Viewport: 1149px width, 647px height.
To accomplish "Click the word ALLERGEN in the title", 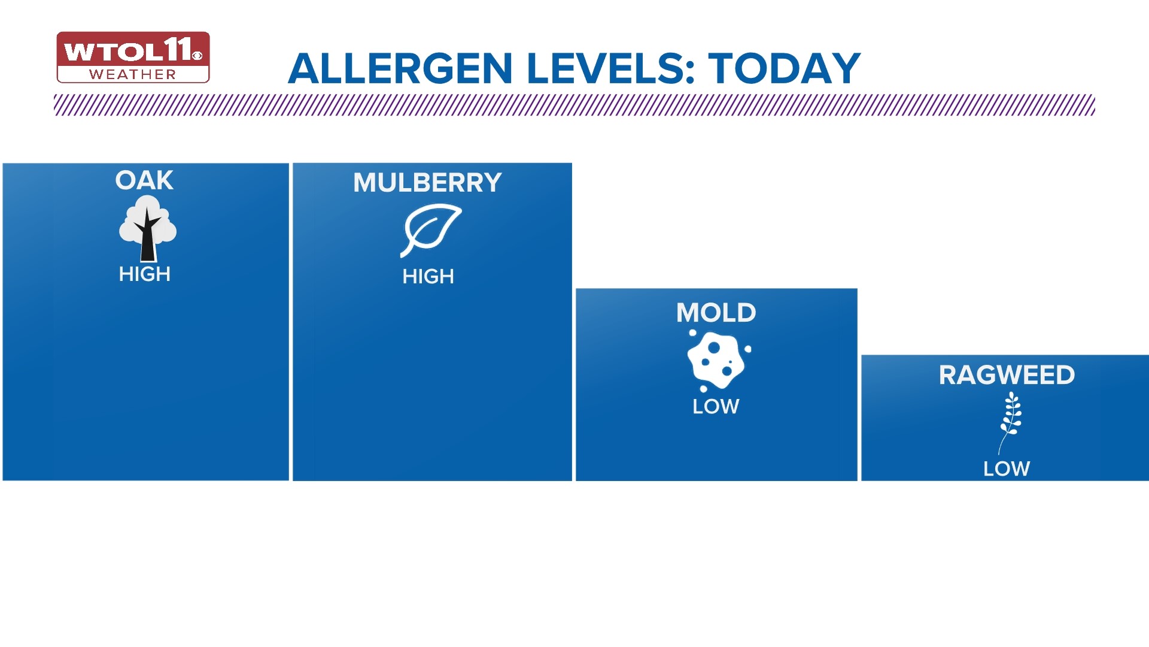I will pyautogui.click(x=400, y=69).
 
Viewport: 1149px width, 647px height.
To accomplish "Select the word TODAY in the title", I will pyautogui.click(x=785, y=69).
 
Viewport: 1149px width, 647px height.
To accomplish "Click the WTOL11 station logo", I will pyautogui.click(x=133, y=57).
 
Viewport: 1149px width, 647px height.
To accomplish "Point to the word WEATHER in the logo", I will pyautogui.click(x=133, y=75).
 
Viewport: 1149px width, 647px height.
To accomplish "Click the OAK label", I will pyautogui.click(x=144, y=180).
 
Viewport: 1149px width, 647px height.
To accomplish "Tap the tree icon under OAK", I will pyautogui.click(x=147, y=231).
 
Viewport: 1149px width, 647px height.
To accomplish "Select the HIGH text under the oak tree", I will pyautogui.click(x=145, y=274).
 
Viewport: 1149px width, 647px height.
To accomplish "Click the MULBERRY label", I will pyautogui.click(x=427, y=183).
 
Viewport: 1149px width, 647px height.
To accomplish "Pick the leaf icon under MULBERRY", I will pyautogui.click(x=430, y=230).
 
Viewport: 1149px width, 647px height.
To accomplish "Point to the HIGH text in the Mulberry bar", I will pyautogui.click(x=428, y=277).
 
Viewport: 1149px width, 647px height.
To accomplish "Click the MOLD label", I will pyautogui.click(x=716, y=313).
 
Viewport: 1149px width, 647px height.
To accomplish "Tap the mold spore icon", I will pyautogui.click(x=717, y=360).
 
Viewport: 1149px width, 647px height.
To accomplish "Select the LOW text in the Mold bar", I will pyautogui.click(x=716, y=407).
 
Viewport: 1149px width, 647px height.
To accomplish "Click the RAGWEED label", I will pyautogui.click(x=1007, y=376).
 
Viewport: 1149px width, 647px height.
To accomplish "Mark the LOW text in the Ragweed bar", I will pyautogui.click(x=1007, y=468).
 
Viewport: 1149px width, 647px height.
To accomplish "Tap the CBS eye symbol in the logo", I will pyautogui.click(x=197, y=56).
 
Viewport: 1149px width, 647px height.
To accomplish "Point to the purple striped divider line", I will pyautogui.click(x=574, y=105).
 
